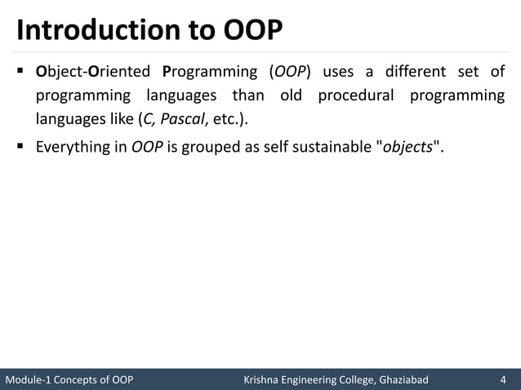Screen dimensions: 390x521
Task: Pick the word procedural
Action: click(x=358, y=95)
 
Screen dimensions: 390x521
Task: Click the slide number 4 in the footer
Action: click(x=504, y=379)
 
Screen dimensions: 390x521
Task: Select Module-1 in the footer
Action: click(x=29, y=379)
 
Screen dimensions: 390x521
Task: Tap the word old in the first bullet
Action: click(x=291, y=95)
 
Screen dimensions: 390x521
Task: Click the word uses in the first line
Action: click(x=339, y=71)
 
